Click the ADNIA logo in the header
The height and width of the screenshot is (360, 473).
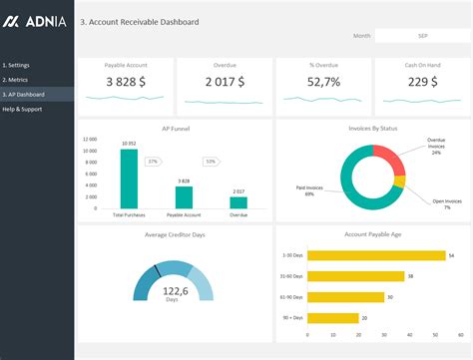pos(36,21)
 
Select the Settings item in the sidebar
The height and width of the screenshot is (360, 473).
pos(17,65)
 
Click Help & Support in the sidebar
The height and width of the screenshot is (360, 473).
pos(24,108)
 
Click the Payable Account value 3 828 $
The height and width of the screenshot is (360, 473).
pos(126,82)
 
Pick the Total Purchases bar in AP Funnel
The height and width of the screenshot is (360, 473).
pos(129,180)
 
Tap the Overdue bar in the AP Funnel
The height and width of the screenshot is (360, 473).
pos(238,202)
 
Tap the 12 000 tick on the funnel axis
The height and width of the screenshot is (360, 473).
pos(90,140)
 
